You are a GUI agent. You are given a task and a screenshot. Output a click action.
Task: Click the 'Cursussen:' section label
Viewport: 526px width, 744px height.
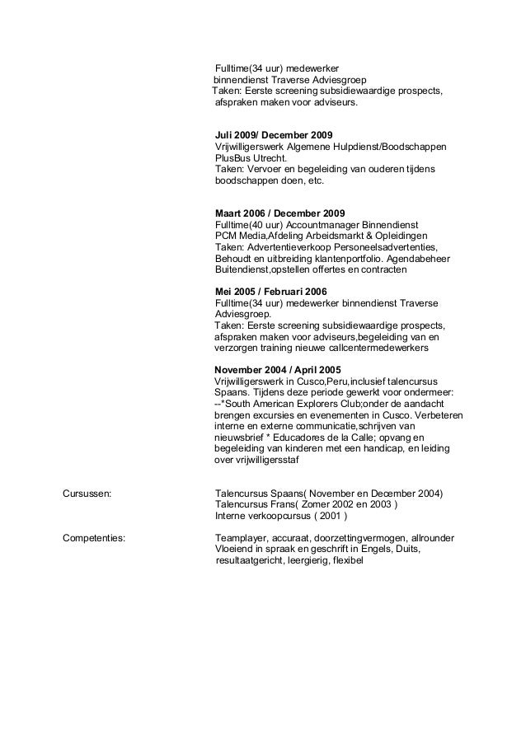(87, 494)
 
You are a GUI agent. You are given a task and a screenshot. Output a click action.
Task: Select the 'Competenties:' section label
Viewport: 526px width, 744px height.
(94, 537)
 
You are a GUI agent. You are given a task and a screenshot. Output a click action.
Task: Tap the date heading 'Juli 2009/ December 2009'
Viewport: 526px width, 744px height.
(273, 134)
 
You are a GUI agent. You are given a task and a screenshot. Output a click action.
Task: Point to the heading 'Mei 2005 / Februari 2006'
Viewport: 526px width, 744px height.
(271, 291)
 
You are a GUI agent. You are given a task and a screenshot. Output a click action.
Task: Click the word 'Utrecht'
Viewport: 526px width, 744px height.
(267, 157)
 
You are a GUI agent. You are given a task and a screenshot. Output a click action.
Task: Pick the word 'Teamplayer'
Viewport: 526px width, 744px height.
(240, 537)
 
